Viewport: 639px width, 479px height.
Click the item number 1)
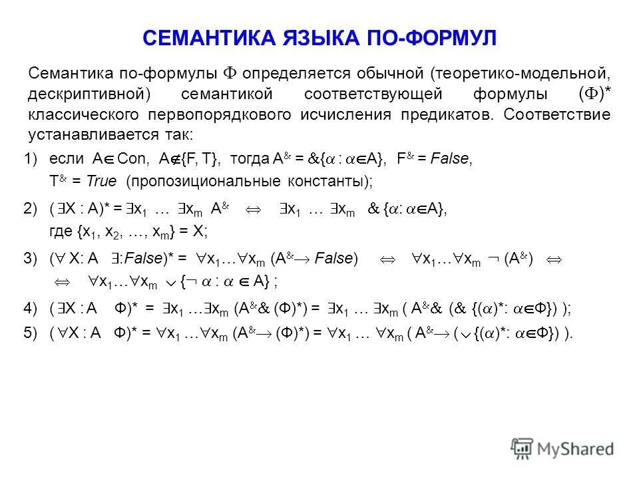31,160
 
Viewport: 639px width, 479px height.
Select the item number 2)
31,210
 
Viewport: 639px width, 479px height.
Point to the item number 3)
31,259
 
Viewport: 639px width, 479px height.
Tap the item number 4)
31,309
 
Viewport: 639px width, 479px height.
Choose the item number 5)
31,335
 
